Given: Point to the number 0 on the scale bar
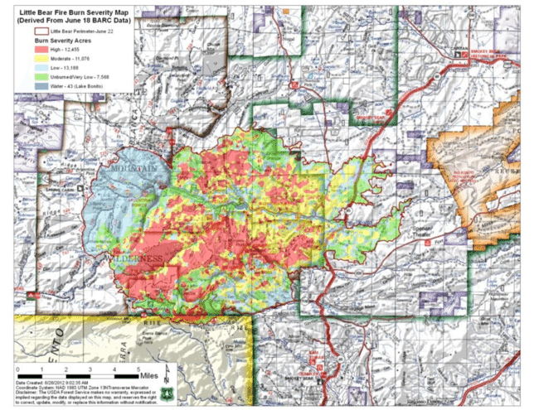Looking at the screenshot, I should [x=17, y=366].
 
